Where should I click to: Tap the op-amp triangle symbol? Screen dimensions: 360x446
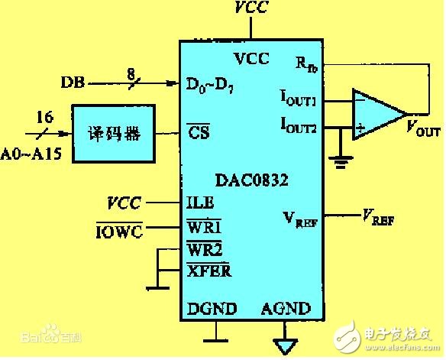point(376,114)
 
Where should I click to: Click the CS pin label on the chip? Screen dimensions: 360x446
point(199,131)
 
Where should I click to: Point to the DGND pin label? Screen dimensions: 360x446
point(212,309)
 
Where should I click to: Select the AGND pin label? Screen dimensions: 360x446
point(286,309)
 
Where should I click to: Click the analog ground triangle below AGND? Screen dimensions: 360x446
point(286,346)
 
